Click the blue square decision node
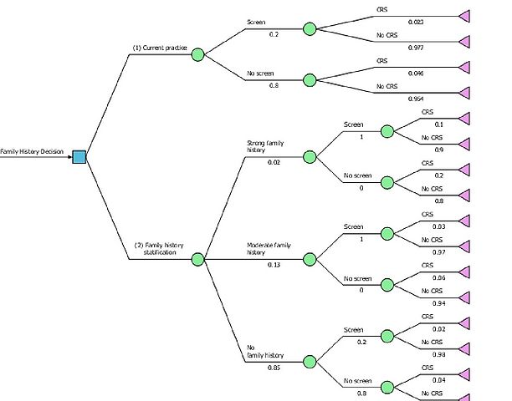pyautogui.click(x=79, y=156)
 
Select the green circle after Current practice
pyautogui.click(x=198, y=55)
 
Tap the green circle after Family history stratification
pyautogui.click(x=198, y=259)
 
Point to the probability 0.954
pyautogui.click(x=391, y=99)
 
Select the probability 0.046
pyautogui.click(x=391, y=74)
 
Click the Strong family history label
pyautogui.click(x=266, y=146)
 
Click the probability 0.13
pyautogui.click(x=274, y=265)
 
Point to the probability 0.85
pyautogui.click(x=274, y=368)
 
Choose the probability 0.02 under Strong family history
pyautogui.click(x=274, y=162)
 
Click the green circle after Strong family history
pyautogui.click(x=310, y=156)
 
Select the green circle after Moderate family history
pyautogui.click(x=310, y=259)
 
